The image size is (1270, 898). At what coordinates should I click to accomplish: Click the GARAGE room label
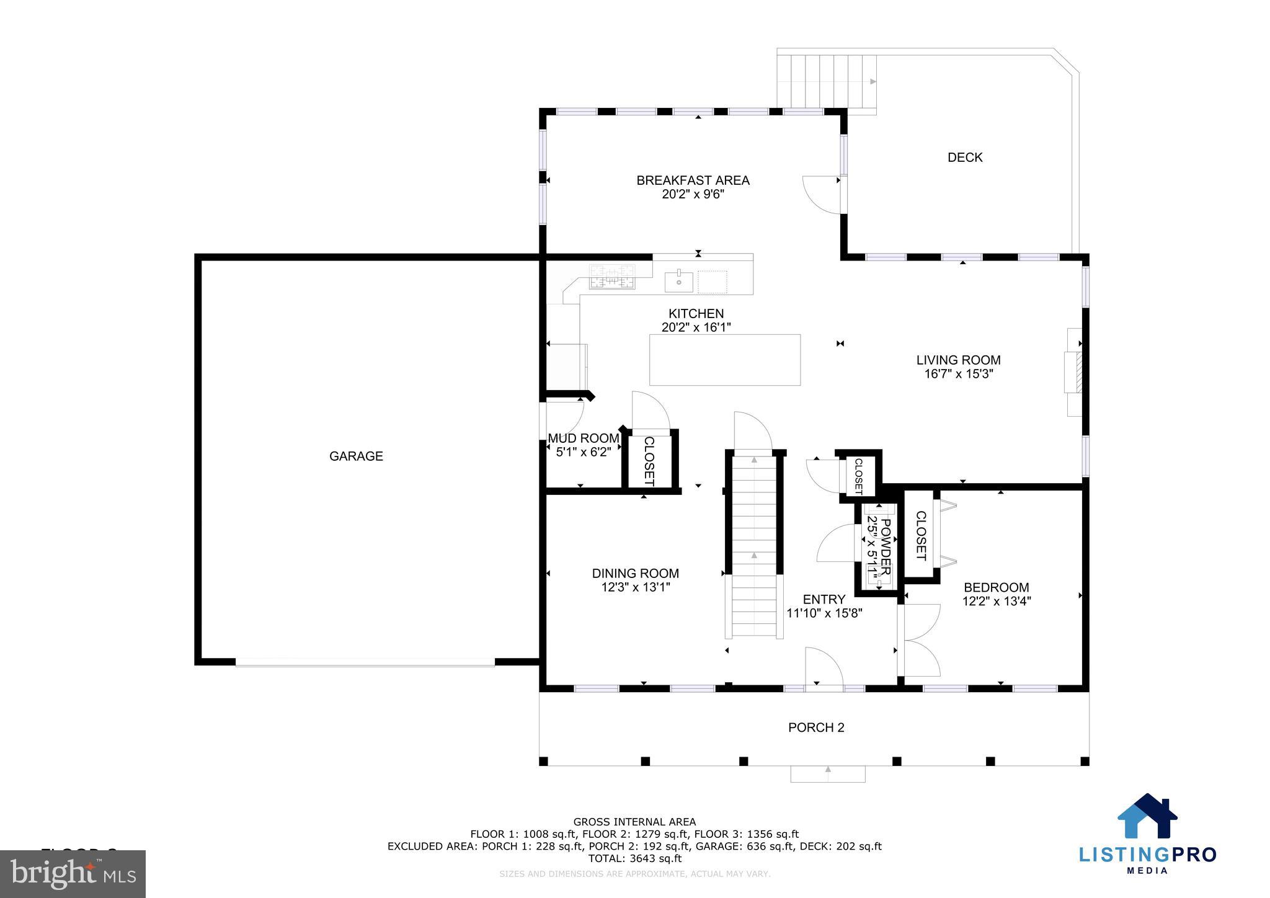click(356, 456)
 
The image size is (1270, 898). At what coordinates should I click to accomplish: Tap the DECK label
click(965, 158)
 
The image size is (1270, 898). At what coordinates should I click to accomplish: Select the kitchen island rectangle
click(724, 360)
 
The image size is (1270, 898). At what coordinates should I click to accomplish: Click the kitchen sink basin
click(679, 282)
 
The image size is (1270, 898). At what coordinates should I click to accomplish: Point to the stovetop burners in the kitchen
click(613, 277)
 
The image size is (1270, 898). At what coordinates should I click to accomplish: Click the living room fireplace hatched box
click(1078, 372)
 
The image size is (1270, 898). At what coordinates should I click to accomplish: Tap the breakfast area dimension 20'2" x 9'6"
click(693, 194)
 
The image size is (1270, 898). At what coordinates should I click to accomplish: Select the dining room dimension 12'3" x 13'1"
click(636, 587)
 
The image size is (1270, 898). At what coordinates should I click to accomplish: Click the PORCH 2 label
click(816, 727)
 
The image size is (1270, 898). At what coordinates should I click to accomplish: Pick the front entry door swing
click(824, 669)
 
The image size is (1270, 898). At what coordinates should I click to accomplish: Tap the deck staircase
click(827, 82)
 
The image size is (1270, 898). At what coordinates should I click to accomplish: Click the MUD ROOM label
click(584, 438)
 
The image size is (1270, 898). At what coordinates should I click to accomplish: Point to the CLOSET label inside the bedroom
click(920, 536)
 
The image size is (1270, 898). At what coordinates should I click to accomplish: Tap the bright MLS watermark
click(73, 874)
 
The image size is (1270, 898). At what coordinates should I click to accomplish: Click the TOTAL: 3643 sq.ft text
click(634, 858)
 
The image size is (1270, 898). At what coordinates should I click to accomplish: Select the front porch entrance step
click(828, 773)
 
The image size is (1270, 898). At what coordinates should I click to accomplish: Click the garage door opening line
click(365, 662)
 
